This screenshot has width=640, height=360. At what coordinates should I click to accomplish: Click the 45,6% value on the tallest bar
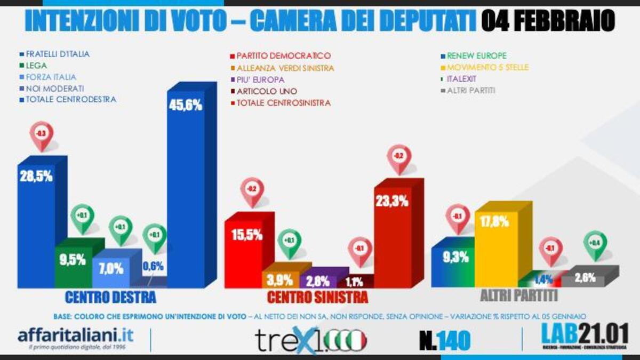coord(185,105)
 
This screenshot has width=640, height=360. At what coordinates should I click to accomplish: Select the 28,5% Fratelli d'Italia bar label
coord(36,177)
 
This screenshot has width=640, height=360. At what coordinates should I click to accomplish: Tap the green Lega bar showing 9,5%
coord(73,263)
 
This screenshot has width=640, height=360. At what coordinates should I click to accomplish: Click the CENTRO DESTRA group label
coord(110,297)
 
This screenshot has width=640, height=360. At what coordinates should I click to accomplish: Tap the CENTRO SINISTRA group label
coord(317,297)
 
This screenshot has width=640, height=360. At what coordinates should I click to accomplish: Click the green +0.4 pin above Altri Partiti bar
coord(595,243)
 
